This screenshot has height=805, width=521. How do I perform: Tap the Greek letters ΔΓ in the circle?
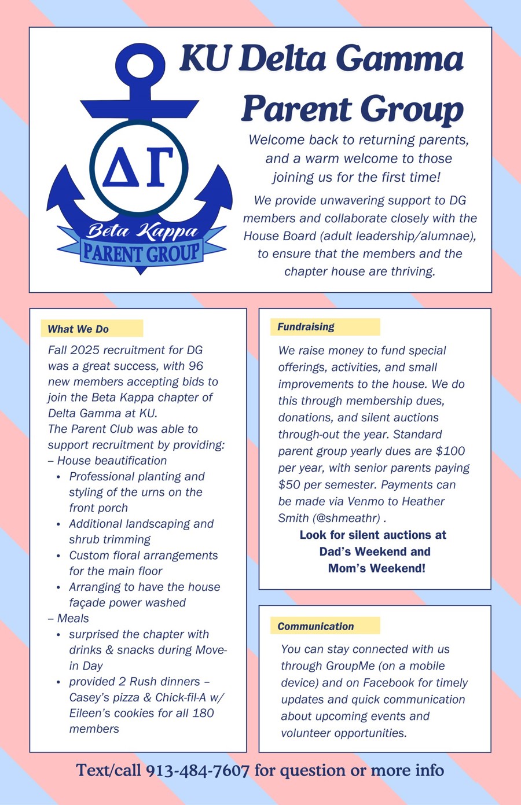pyautogui.click(x=139, y=166)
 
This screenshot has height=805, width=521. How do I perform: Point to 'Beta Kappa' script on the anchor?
pyautogui.click(x=142, y=231)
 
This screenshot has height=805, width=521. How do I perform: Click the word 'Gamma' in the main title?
pyautogui.click(x=400, y=59)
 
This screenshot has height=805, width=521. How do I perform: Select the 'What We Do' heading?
pyautogui.click(x=78, y=329)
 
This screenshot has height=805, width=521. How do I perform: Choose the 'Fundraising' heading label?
pyautogui.click(x=306, y=327)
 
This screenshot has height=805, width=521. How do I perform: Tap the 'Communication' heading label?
pyautogui.click(x=315, y=626)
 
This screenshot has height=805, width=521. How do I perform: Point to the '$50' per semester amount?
pyautogui.click(x=289, y=485)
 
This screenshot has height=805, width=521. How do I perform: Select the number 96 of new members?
pyautogui.click(x=196, y=366)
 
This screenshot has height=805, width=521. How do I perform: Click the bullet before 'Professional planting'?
pyautogui.click(x=58, y=477)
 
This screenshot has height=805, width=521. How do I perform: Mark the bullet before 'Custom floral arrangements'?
pyautogui.click(x=58, y=556)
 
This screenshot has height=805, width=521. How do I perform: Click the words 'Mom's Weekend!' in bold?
pyautogui.click(x=376, y=568)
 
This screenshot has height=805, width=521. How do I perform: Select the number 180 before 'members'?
pyautogui.click(x=203, y=713)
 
